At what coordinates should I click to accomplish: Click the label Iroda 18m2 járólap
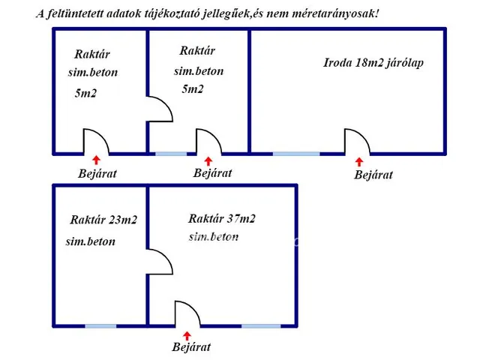373,63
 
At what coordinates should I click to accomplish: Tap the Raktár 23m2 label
103,220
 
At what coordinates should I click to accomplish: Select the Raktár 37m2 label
222,219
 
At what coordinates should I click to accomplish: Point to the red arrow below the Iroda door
358,160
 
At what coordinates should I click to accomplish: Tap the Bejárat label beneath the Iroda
373,175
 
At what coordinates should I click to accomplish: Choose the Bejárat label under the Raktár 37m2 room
191,347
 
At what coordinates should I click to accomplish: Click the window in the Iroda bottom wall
295,154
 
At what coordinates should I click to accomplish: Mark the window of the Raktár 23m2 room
100,325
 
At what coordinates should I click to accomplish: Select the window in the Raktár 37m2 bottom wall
261,325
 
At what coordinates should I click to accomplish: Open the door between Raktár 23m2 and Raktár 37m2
160,262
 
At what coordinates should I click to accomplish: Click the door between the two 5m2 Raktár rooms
160,109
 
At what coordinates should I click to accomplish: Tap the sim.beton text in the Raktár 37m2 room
214,237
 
